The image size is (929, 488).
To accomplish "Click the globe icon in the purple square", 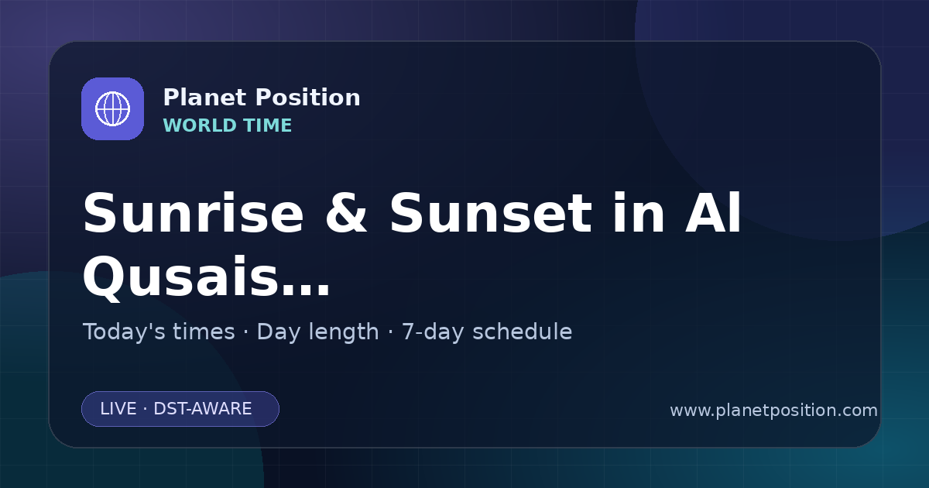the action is coord(112,108).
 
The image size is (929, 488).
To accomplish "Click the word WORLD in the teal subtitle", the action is coord(199,125).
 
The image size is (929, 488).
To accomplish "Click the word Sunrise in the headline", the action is coord(194,213).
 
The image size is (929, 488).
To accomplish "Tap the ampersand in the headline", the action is coord(346,213).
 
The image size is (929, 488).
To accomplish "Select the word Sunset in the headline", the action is coord(491,213).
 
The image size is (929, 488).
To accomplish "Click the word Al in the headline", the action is coord(713,212).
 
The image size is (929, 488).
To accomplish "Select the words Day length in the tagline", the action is coord(317,332).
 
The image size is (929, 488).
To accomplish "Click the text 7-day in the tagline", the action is coord(433,332).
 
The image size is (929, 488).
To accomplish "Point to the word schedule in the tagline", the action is coord(522,332).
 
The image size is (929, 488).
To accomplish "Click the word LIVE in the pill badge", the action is coord(118,409).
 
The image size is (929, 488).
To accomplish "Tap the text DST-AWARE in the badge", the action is coord(202,409).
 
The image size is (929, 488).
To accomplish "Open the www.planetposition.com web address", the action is coord(773,411).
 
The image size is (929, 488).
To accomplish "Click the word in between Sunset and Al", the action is coord(638,212).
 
